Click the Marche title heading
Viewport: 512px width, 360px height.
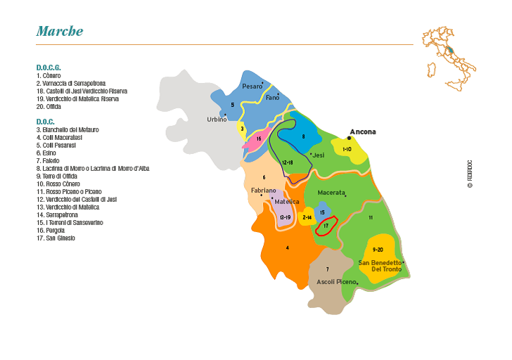click(60, 31)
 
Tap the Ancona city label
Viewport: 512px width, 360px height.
click(363, 131)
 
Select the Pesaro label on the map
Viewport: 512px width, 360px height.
click(252, 86)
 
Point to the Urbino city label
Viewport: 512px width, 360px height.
click(217, 120)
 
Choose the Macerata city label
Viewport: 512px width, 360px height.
click(331, 192)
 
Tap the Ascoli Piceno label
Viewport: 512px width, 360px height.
click(337, 282)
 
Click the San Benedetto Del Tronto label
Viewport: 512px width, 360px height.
click(380, 266)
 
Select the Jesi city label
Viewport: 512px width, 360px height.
click(318, 155)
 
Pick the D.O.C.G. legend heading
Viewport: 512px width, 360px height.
click(49, 67)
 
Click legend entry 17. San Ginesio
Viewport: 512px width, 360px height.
click(56, 238)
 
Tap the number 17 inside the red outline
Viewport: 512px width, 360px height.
click(326, 226)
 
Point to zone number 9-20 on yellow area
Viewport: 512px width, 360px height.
click(377, 250)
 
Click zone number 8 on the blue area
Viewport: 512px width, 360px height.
click(303, 136)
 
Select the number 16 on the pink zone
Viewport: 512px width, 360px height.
click(259, 139)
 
